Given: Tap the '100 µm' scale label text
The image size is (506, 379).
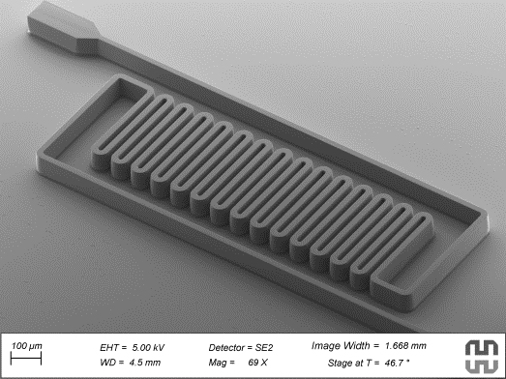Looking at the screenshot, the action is point(27,346).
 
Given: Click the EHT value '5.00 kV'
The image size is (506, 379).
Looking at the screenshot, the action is point(148,348).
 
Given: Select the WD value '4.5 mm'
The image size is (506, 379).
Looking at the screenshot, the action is point(145,363).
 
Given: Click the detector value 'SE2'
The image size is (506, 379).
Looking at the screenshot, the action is point(264,348).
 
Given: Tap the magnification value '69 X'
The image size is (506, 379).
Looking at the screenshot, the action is point(258,363).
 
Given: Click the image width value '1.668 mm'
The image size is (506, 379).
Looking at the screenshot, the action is point(405,346).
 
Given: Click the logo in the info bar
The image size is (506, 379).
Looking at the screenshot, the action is point(482,357).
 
